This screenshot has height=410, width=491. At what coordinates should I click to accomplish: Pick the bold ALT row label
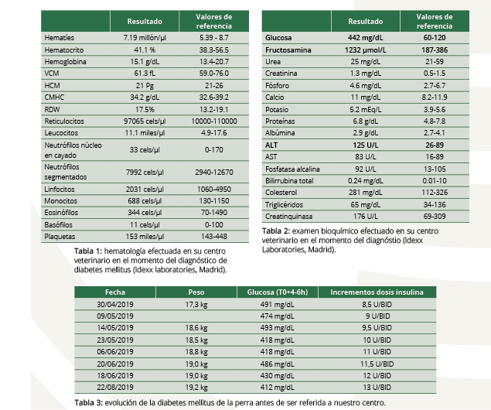[x=272, y=145]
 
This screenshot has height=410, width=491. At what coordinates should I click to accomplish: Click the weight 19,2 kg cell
[x=189, y=387]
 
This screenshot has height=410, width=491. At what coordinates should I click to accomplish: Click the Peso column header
[x=196, y=292]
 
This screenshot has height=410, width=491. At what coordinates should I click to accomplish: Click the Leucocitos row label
[x=62, y=133]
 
